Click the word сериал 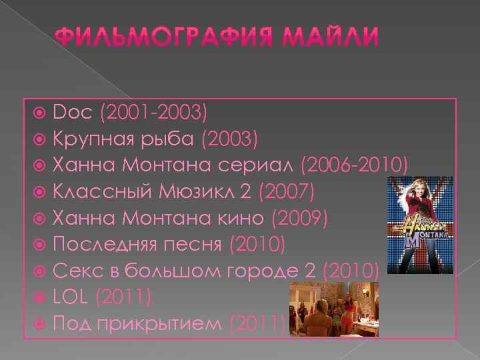coord(263,164)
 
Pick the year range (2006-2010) coord(354,164)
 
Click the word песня coord(194,245)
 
